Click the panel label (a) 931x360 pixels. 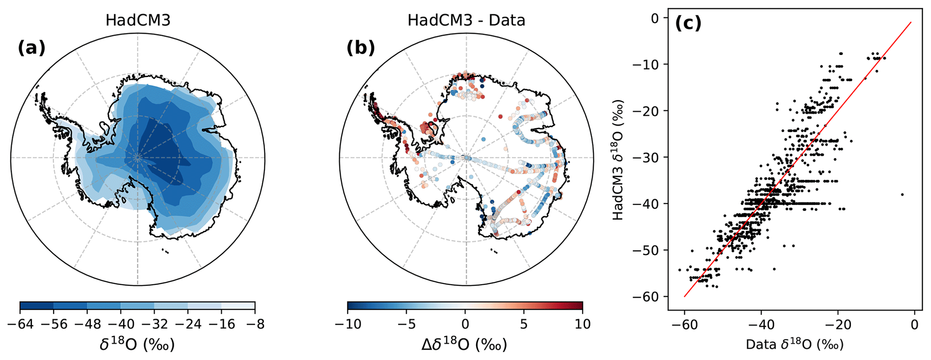click(x=32, y=48)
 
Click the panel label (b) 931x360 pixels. click(x=360, y=48)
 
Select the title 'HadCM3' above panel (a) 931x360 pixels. click(x=138, y=21)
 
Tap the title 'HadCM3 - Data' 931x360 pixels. click(x=466, y=21)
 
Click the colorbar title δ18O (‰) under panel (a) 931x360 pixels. click(x=137, y=345)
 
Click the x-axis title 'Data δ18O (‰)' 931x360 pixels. click(x=795, y=345)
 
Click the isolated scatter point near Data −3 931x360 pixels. click(x=902, y=194)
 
